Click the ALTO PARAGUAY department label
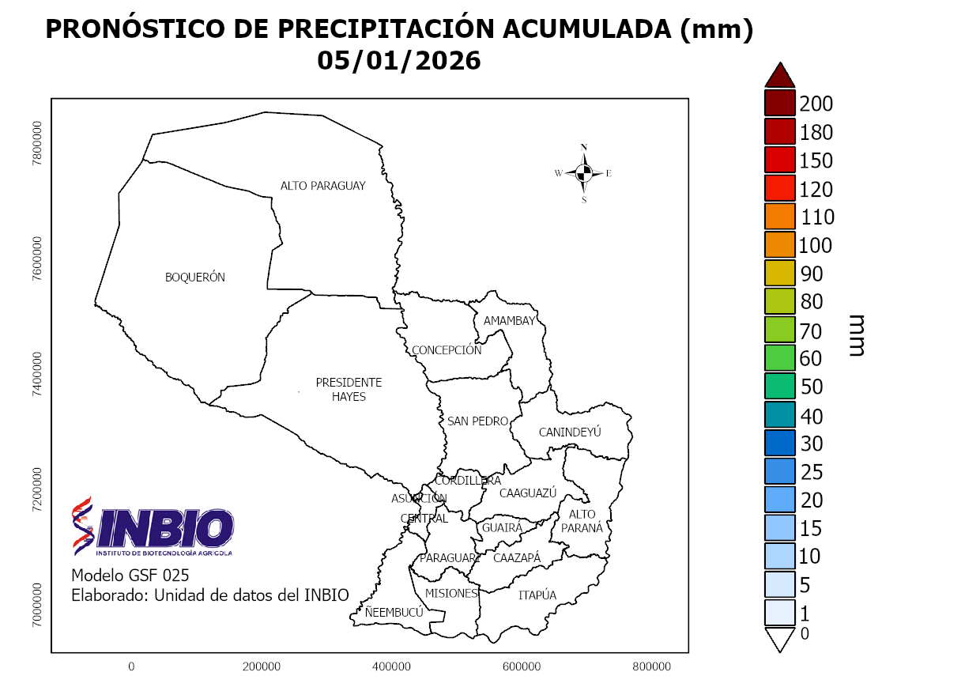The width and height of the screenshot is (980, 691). coord(322,186)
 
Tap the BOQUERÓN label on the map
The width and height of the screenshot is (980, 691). coord(194,278)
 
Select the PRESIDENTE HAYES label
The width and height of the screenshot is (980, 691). coord(349,389)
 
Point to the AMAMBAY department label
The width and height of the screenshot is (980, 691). coord(509,321)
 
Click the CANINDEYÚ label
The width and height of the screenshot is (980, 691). coord(570,432)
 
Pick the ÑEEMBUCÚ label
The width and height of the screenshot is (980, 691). coord(394,612)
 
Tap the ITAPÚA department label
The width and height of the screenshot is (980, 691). coord(537,595)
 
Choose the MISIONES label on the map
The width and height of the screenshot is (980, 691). coord(450,593)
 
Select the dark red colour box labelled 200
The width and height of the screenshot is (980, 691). coord(779,104)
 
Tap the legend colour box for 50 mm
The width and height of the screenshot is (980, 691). coord(779,387)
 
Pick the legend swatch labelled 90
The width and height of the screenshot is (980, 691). coord(779,274)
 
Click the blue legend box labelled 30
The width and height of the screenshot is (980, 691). coord(779,444)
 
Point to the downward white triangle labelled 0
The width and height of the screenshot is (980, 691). coord(779,637)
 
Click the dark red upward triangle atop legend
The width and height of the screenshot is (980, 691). coord(779,76)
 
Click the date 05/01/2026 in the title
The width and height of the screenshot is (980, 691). coord(399,61)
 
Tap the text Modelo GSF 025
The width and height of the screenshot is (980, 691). coord(130,575)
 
